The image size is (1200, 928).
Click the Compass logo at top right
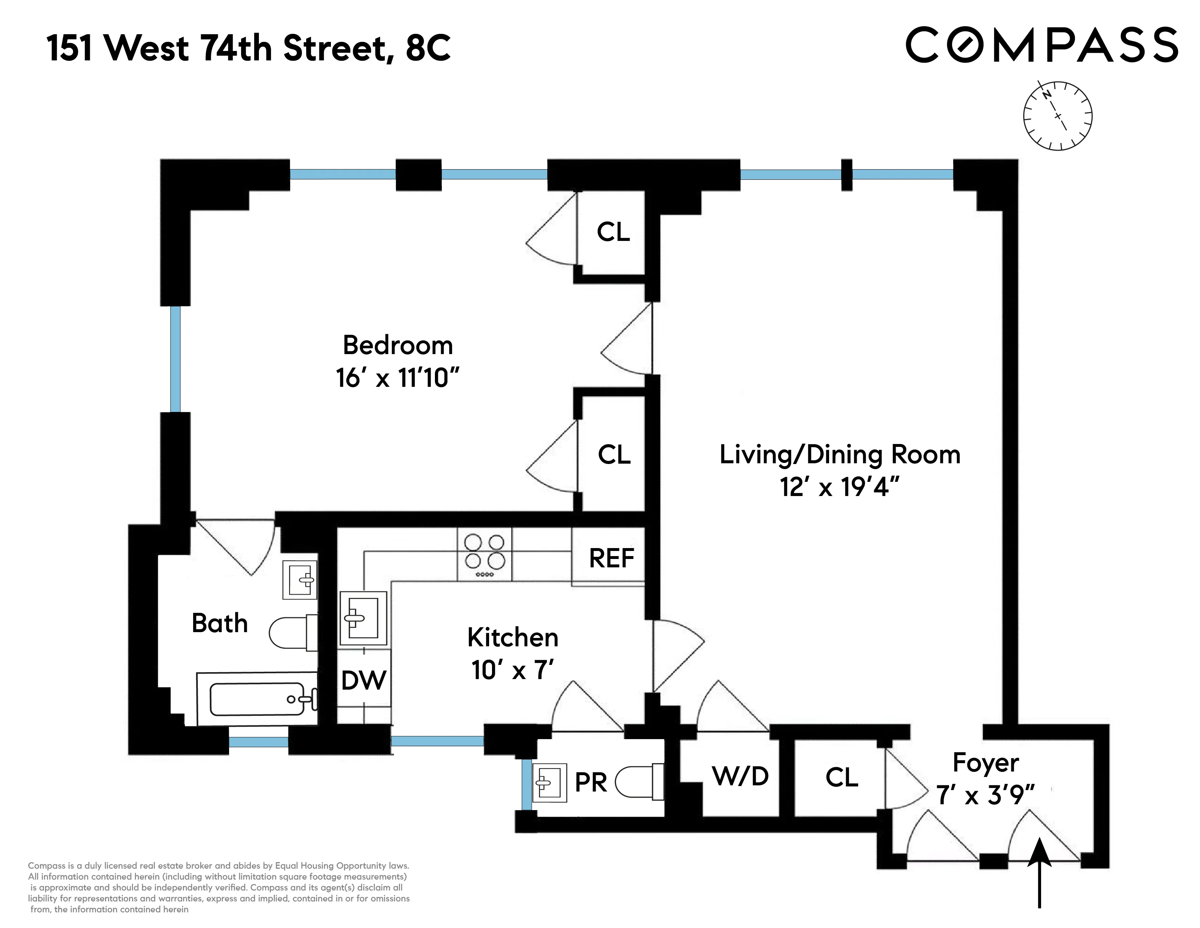(x=1041, y=45)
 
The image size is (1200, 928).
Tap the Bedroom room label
(x=398, y=345)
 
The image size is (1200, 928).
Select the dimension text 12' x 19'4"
(x=840, y=487)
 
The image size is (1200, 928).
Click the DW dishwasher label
(x=364, y=680)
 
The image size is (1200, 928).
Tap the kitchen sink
(x=363, y=618)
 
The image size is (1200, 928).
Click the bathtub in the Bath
(x=257, y=699)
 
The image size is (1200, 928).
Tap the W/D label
(x=740, y=776)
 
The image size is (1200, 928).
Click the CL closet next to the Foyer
(x=841, y=777)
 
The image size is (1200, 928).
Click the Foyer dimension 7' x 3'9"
(x=985, y=795)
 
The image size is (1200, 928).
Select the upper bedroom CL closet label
(x=613, y=232)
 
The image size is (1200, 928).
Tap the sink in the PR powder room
(x=548, y=783)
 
